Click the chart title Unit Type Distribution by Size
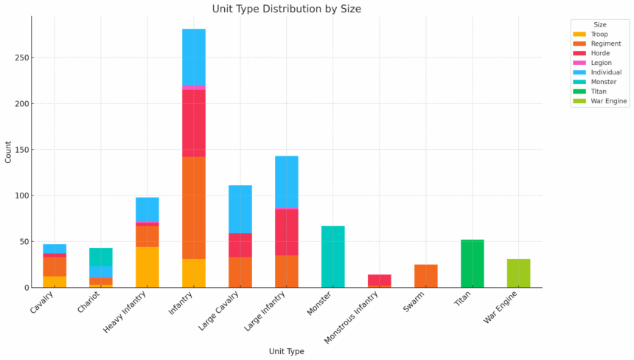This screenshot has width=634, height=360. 287,9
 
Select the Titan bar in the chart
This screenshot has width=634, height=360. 472,263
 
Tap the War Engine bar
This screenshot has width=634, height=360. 518,273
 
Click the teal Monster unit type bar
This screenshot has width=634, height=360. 332,257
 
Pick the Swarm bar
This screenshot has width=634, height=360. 425,276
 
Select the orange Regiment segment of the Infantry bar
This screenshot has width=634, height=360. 193,207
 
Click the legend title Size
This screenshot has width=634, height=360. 600,24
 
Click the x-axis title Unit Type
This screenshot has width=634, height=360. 286,351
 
